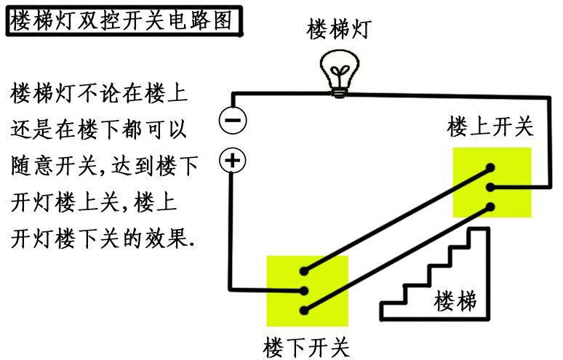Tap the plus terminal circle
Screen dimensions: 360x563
tap(233, 161)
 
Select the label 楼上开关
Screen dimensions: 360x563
tap(490, 127)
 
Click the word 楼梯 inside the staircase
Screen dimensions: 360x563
tap(456, 300)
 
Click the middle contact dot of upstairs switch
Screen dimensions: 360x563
tap(492, 188)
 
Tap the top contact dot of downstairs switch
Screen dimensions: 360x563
tap(305, 272)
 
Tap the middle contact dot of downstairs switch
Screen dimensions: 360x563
tap(305, 291)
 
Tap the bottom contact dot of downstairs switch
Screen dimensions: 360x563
tap(305, 310)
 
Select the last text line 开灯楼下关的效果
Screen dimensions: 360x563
tap(103, 237)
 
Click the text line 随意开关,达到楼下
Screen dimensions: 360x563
tap(105, 166)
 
